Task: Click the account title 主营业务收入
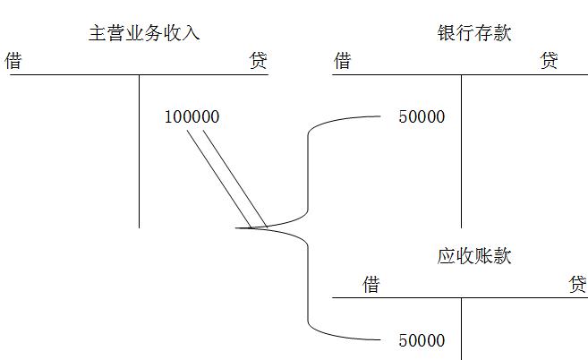click(x=144, y=34)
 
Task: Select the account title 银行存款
click(x=474, y=34)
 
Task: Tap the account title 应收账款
click(x=474, y=256)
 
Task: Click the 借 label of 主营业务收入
click(x=13, y=61)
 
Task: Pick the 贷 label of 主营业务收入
click(x=258, y=61)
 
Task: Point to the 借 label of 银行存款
click(x=342, y=61)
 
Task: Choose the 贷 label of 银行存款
click(x=550, y=61)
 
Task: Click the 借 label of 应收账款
click(x=371, y=285)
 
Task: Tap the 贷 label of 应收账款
click(x=578, y=285)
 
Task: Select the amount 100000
click(x=192, y=117)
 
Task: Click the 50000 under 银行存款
click(x=422, y=117)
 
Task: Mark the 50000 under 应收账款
click(x=422, y=340)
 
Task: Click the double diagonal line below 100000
click(x=226, y=175)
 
